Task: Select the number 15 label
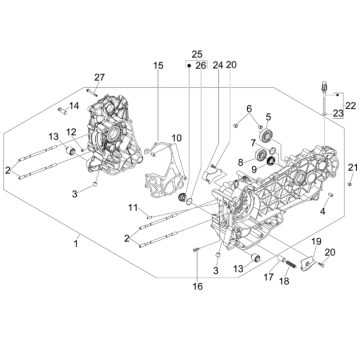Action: pyautogui.click(x=157, y=66)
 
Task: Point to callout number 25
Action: pyautogui.click(x=197, y=53)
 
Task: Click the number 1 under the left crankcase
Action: pyautogui.click(x=75, y=243)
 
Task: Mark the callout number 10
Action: pyautogui.click(x=176, y=137)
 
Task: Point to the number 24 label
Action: pyautogui.click(x=217, y=66)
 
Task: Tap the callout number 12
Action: pyautogui.click(x=72, y=131)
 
